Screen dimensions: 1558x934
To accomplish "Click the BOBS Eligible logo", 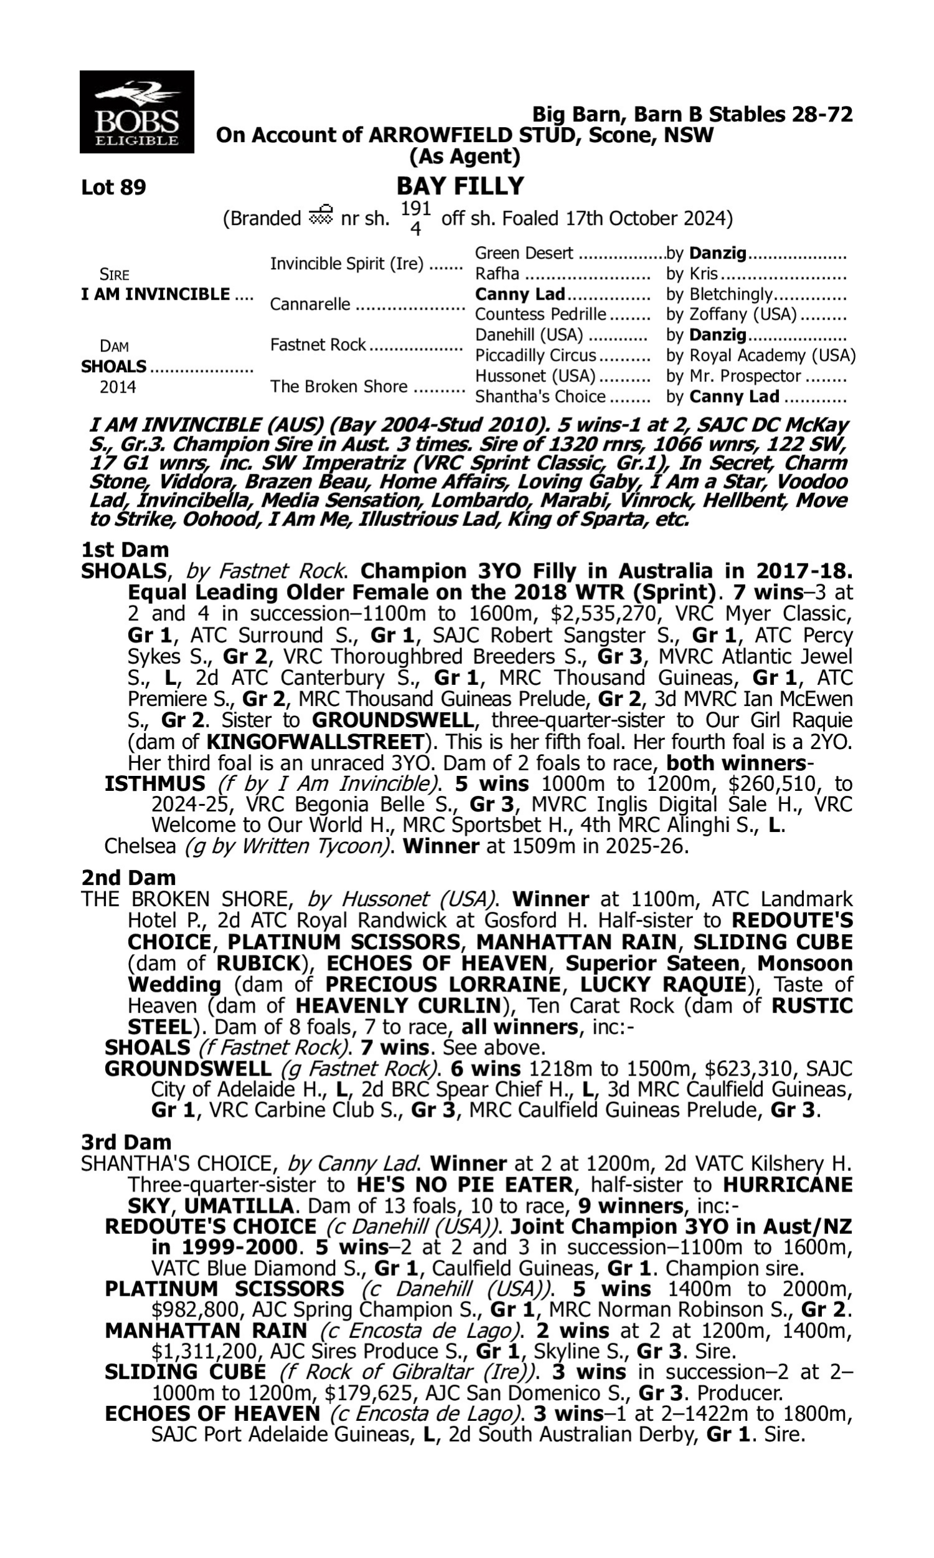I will click(136, 112).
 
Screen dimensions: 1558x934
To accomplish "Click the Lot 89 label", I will click(113, 188).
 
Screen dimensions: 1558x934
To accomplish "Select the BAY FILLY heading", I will click(460, 186).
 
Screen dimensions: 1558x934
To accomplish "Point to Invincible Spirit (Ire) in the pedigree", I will click(347, 264).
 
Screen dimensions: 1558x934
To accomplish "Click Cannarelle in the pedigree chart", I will click(310, 305).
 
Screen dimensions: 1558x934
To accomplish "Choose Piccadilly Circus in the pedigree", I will click(535, 356).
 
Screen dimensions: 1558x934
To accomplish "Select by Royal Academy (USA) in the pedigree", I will click(761, 356).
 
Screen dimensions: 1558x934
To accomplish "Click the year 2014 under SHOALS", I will click(118, 386).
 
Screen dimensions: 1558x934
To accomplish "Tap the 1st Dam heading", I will click(125, 550).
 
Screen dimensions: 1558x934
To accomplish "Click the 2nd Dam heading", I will click(128, 877).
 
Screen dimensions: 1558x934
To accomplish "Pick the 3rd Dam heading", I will click(126, 1142).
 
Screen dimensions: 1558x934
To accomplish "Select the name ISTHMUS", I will click(155, 783).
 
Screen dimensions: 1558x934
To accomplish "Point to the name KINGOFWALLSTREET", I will click(314, 741).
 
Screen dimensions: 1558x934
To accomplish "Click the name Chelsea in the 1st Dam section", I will click(139, 846).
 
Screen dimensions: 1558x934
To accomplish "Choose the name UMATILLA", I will click(238, 1206).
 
